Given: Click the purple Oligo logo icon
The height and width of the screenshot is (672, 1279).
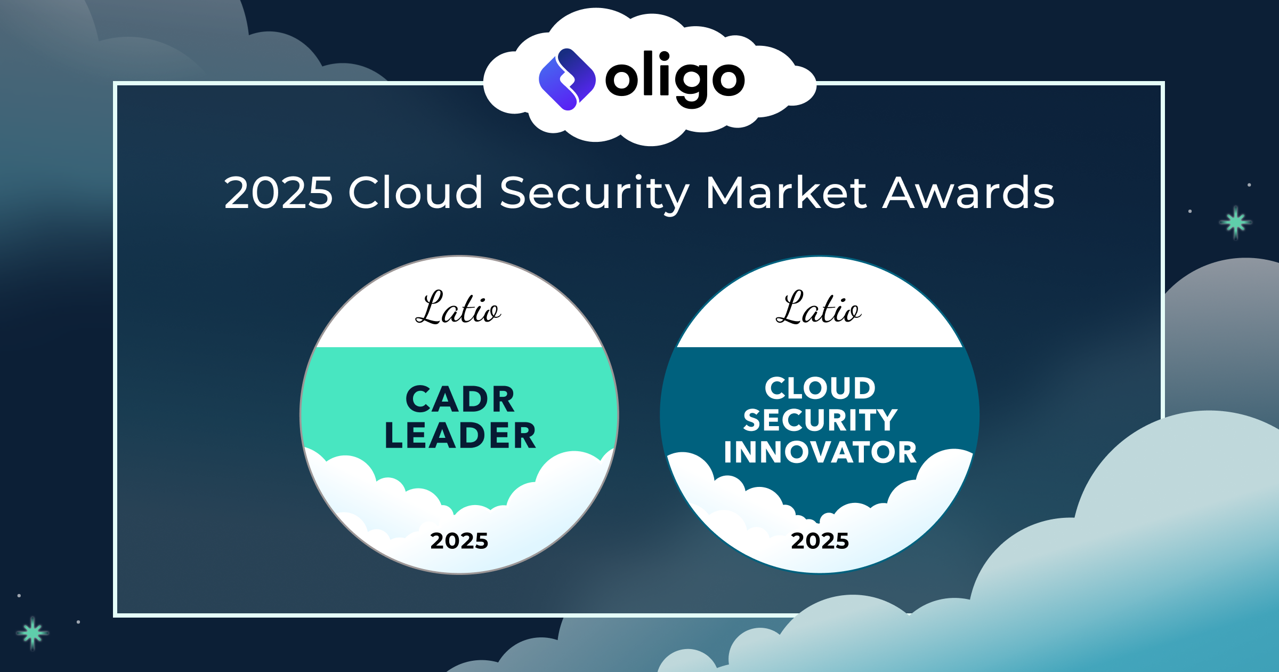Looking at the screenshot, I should [567, 79].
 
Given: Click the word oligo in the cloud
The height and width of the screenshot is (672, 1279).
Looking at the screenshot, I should [675, 79].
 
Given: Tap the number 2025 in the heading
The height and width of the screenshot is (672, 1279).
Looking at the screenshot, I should [278, 193].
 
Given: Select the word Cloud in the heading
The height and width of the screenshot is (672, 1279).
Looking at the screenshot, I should [415, 193].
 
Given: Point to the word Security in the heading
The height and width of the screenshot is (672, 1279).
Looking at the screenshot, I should [594, 194].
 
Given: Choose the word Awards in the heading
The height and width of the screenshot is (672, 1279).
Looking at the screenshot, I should [968, 193].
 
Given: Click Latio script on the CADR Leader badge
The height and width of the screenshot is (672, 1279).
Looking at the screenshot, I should [458, 308].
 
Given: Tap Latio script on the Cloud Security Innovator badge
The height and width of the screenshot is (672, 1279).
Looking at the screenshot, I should [819, 308].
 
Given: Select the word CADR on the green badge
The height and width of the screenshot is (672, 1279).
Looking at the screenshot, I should [460, 399].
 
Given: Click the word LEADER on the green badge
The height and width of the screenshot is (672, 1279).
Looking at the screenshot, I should [460, 436].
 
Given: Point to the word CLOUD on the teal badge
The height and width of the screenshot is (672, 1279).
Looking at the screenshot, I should [820, 388].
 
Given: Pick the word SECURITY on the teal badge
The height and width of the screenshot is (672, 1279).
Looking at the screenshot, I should [820, 420].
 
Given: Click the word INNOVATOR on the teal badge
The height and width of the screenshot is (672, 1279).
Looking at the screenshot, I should [820, 452].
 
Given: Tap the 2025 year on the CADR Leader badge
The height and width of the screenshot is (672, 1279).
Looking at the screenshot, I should [459, 541].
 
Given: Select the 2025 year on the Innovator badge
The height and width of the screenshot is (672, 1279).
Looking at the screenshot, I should [820, 541].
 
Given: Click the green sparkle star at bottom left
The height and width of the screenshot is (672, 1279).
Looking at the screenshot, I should [33, 633].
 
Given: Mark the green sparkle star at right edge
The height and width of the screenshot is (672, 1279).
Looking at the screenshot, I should [1235, 222].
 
